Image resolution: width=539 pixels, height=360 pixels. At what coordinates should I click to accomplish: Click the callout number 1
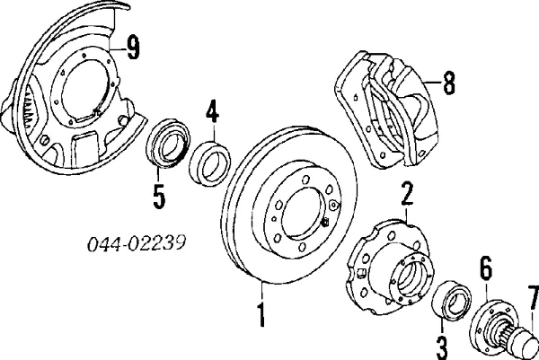click(261, 317)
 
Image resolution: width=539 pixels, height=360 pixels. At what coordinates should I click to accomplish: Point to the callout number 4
click(212, 114)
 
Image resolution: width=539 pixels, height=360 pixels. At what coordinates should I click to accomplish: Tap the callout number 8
click(449, 84)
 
